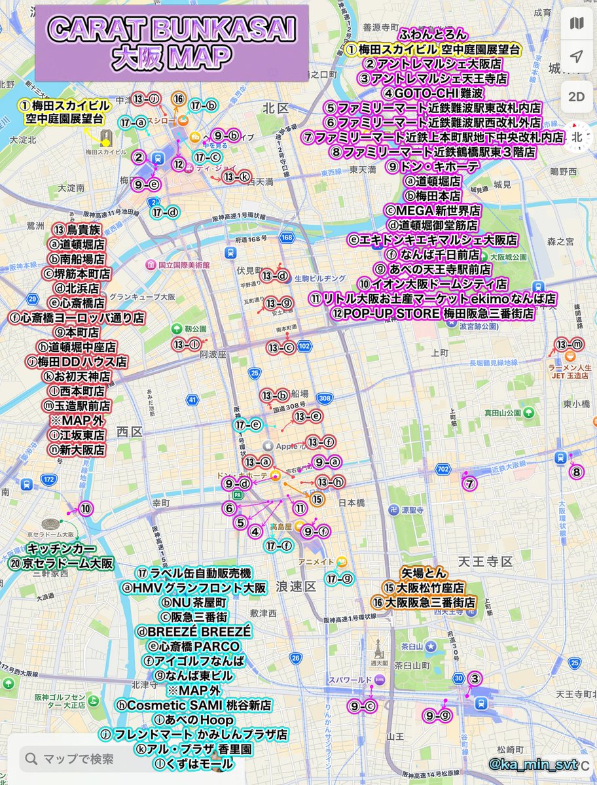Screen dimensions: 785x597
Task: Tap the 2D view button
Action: pos(576,97)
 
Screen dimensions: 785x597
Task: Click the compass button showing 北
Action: pos(576,137)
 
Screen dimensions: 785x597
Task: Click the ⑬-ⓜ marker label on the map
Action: pos(569,344)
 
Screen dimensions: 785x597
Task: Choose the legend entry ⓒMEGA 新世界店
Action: pos(432,211)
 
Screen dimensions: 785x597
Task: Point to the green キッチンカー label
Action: pos(62,548)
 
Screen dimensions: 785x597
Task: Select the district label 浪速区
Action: pos(297,584)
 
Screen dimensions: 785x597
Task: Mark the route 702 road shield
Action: pos(443,469)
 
